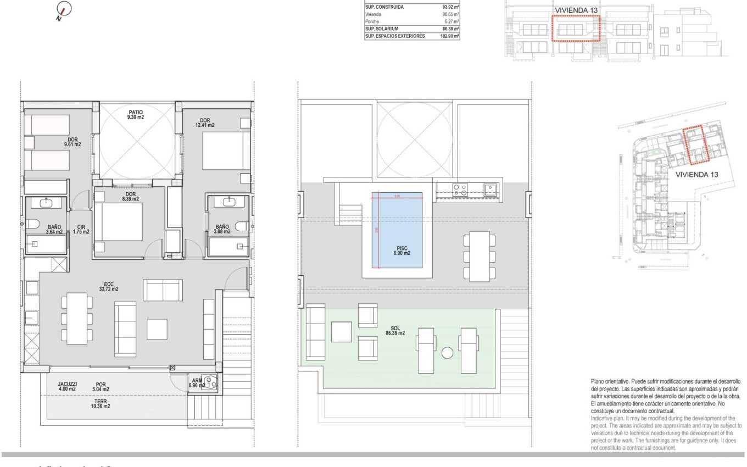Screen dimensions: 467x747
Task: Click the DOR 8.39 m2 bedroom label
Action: coord(130,196)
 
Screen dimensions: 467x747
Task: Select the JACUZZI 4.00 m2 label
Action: coord(68,386)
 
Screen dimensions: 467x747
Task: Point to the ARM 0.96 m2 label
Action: coord(197,382)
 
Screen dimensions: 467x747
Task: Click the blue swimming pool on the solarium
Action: coord(397,230)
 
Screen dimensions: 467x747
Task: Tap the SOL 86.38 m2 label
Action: coord(395,330)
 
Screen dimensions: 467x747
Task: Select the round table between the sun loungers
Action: coord(448,353)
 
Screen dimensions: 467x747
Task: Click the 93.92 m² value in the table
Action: coord(450,7)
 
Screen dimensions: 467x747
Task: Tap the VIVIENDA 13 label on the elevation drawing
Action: coord(575,10)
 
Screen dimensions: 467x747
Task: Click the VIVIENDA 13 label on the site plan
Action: coord(696,174)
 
